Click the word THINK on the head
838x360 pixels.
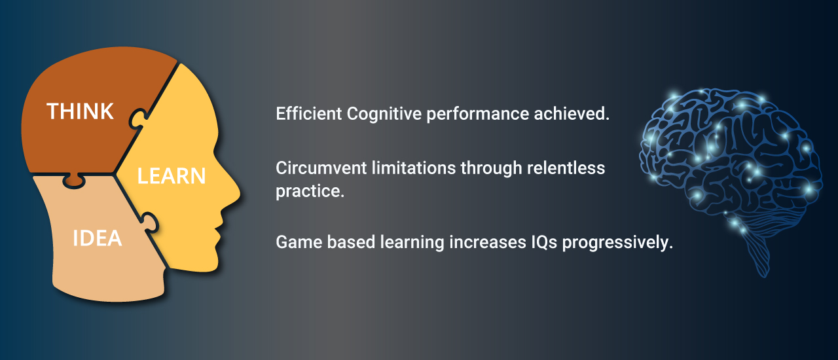click(80, 111)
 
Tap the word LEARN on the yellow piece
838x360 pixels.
click(172, 176)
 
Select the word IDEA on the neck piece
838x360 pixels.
click(98, 238)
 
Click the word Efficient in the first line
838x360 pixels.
click(308, 113)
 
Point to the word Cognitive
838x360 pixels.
click(384, 114)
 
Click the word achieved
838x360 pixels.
click(572, 113)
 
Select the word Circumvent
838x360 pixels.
click(321, 168)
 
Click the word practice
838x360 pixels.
click(310, 192)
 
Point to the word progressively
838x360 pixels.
click(617, 243)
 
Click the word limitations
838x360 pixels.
click(414, 168)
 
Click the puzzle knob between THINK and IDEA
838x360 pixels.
click(74, 181)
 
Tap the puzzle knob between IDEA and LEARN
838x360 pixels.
click(150, 223)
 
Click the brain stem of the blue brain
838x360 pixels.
click(758, 258)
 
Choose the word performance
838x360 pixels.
click(478, 114)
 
